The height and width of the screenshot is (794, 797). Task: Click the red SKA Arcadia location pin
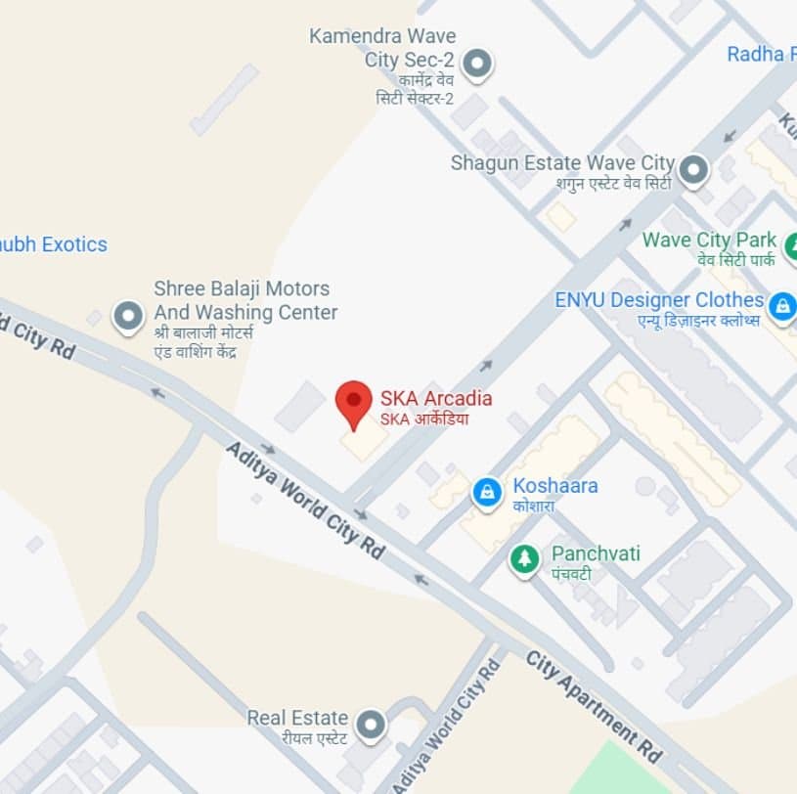pos(353,402)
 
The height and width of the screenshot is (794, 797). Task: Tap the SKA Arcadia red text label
pos(435,399)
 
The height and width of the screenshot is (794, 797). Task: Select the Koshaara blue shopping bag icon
pos(487,492)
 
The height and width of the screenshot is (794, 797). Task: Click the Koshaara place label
pos(555,486)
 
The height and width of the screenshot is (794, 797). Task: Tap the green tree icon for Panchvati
pos(525,559)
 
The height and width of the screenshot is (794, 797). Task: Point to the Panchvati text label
pos(596,554)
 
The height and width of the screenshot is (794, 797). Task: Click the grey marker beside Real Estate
pos(371,726)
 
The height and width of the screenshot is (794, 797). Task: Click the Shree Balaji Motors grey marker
pos(128,316)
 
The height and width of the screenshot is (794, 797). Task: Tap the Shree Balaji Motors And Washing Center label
pos(245,301)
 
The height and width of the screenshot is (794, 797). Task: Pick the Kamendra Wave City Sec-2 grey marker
pos(476,65)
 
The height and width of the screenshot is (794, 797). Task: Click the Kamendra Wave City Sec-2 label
pos(383,48)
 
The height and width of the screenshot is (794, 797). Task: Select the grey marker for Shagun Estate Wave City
pos(693,170)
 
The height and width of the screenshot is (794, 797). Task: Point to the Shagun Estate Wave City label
pos(562,163)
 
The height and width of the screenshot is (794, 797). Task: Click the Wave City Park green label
pos(709,241)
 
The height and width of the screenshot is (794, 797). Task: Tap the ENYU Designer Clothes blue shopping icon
pos(781,307)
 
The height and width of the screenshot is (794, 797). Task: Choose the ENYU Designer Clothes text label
pos(659,300)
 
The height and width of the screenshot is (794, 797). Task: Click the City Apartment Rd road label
pos(595,705)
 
